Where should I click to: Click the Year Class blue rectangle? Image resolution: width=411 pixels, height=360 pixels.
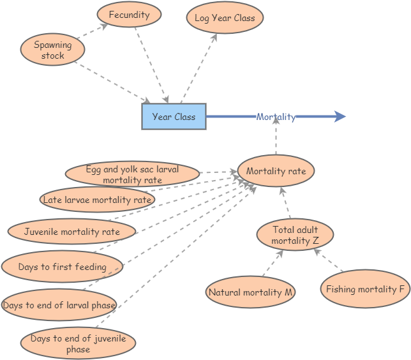[x=174, y=117]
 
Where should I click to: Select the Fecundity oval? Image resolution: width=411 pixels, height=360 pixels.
[x=129, y=15]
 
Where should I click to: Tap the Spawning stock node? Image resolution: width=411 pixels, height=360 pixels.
[x=52, y=50]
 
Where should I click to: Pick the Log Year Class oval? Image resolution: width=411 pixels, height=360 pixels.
[x=225, y=19]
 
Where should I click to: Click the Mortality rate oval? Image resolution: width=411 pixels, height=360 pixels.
[x=276, y=171]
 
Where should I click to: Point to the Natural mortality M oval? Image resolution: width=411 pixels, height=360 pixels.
[x=251, y=292]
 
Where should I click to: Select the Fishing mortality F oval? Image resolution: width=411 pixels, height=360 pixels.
[x=365, y=289]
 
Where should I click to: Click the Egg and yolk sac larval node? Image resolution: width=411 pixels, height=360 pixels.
[x=132, y=174]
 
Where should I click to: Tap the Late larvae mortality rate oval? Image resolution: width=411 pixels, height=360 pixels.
[x=97, y=200]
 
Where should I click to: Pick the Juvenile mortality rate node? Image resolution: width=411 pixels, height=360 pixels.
[x=71, y=231]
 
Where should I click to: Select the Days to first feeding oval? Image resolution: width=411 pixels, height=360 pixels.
[x=62, y=267]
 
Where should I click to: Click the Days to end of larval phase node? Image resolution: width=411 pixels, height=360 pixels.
[x=59, y=305]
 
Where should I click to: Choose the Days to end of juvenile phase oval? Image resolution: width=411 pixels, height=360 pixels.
[x=78, y=343]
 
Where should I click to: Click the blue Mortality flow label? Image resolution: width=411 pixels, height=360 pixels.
[x=276, y=117]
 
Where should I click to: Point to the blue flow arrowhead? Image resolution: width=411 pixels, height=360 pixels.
[x=340, y=116]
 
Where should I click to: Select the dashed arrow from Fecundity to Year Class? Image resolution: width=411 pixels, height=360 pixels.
[x=151, y=64]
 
